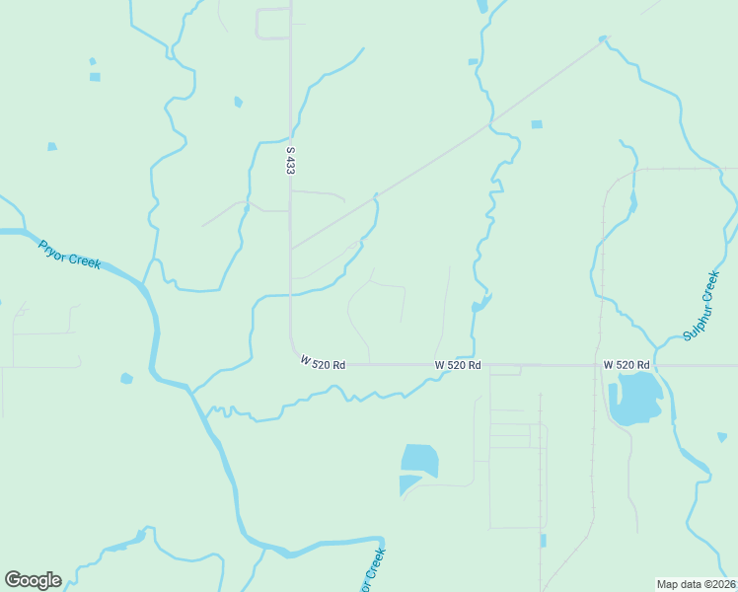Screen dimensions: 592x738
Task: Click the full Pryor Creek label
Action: pyautogui.click(x=70, y=255)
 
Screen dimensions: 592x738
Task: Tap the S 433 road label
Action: pyautogui.click(x=290, y=161)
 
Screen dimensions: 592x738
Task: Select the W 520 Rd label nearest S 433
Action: pyautogui.click(x=323, y=364)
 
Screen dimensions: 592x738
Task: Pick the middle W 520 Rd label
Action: pyautogui.click(x=458, y=365)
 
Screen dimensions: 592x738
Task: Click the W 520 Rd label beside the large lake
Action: pyautogui.click(x=627, y=365)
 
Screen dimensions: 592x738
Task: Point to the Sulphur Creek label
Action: pyautogui.click(x=702, y=306)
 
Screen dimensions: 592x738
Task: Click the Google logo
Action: pyautogui.click(x=33, y=580)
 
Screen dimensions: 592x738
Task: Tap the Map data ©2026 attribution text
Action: pyautogui.click(x=696, y=584)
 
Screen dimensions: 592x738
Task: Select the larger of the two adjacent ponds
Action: pyautogui.click(x=420, y=459)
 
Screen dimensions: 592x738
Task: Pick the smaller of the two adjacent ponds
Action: pyautogui.click(x=408, y=483)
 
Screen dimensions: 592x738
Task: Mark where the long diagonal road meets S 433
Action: pyautogui.click(x=290, y=249)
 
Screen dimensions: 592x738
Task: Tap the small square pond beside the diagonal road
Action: pyautogui.click(x=537, y=124)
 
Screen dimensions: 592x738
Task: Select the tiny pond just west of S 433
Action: pyautogui.click(x=238, y=102)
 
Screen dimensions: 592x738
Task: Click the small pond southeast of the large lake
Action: pyautogui.click(x=722, y=436)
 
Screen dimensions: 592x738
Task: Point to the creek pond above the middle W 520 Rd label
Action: pyautogui.click(x=481, y=303)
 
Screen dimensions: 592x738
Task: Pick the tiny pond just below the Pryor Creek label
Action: pyautogui.click(x=125, y=378)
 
